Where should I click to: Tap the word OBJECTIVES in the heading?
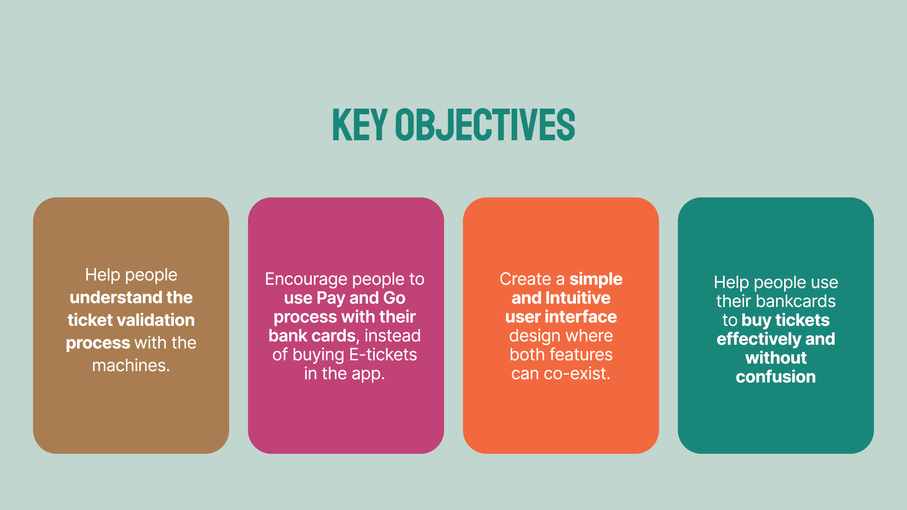click(x=485, y=125)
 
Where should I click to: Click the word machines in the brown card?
click(x=131, y=365)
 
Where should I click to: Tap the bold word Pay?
click(x=331, y=298)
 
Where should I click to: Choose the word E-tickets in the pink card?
click(x=383, y=355)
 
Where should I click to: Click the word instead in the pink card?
click(x=393, y=336)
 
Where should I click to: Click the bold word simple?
click(x=596, y=280)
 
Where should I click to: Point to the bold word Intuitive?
click(x=578, y=298)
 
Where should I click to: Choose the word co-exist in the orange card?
click(x=577, y=374)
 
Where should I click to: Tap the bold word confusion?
click(x=776, y=377)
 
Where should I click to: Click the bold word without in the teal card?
click(x=776, y=358)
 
